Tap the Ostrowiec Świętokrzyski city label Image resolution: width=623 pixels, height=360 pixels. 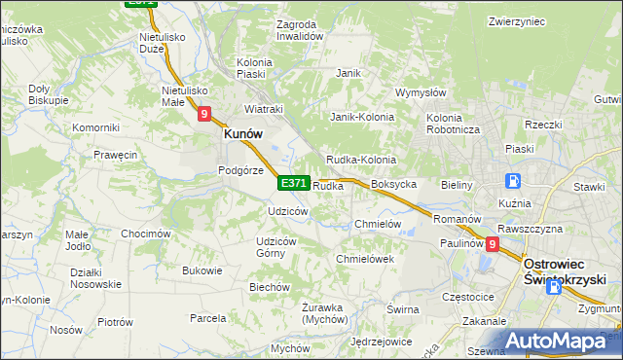(568, 270)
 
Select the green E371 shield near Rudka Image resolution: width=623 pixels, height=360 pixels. (294, 183)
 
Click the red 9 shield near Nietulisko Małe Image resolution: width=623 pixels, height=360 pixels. (204, 114)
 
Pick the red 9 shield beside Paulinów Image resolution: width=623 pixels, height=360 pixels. (493, 245)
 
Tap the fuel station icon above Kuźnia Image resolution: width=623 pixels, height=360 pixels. (513, 181)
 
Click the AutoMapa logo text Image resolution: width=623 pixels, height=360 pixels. (569, 342)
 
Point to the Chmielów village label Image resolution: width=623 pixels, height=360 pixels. (378, 224)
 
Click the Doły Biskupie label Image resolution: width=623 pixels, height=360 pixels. (48, 93)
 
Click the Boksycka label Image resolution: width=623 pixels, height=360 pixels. (394, 184)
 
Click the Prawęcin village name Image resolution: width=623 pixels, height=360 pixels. (115, 155)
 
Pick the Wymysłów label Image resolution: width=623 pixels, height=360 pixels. (420, 93)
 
